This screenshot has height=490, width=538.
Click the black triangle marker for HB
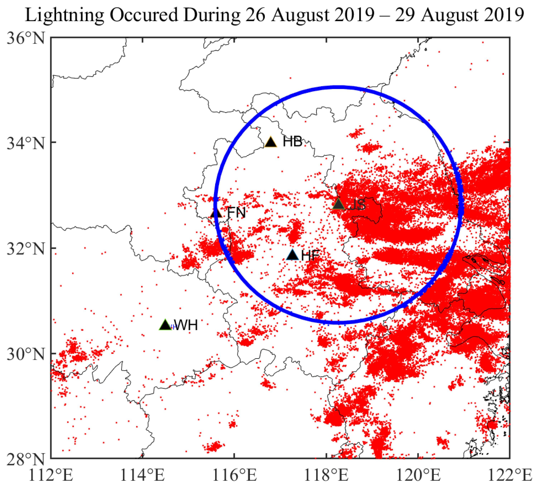[271, 142]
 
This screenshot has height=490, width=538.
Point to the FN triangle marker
[216, 213]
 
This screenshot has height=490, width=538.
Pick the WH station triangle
[165, 325]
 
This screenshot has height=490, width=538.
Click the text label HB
[293, 142]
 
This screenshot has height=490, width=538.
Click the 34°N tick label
[26, 143]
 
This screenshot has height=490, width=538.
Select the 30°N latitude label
[26, 354]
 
